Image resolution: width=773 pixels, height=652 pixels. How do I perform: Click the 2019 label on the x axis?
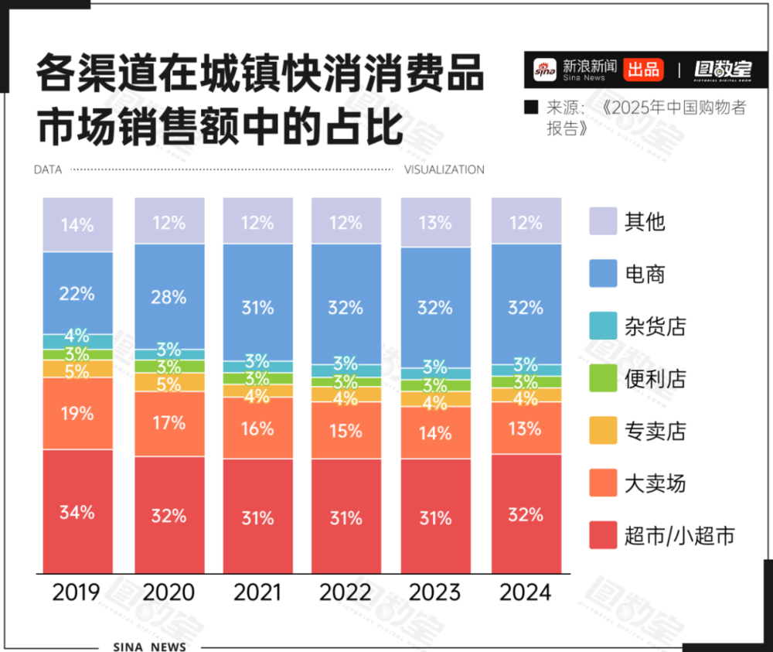pos(77,593)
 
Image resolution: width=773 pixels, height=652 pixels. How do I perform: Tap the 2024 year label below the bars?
pos(526,593)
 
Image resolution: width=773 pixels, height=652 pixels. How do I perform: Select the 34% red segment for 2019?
pos(77,512)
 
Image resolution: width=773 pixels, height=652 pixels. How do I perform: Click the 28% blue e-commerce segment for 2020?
pos(169,297)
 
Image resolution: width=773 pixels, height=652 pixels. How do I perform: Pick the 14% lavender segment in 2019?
pos(77,225)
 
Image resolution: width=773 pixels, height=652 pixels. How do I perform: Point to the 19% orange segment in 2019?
pos(77,414)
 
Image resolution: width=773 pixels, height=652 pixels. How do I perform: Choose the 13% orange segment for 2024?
pos(526,428)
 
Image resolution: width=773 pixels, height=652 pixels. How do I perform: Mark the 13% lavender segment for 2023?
pos(435,223)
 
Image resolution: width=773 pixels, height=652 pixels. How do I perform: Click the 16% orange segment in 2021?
pos(257,428)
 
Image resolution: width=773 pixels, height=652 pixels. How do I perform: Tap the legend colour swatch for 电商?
pos(603,274)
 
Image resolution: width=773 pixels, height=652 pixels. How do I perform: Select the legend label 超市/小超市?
pos(679,535)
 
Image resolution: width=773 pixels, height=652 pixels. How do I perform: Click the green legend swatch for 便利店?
pos(603,378)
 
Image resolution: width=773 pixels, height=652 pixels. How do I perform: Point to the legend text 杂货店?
pos(655,326)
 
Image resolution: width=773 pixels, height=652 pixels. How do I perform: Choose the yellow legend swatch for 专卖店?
pos(603,431)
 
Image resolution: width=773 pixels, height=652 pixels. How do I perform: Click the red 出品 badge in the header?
pos(643,69)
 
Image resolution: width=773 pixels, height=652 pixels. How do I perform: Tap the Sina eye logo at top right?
pos(545,69)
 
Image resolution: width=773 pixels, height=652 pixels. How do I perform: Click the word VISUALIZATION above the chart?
pos(444,169)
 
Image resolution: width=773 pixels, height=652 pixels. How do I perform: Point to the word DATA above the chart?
pos(48,169)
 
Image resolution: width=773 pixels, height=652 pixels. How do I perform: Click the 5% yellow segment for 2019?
pos(77,369)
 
